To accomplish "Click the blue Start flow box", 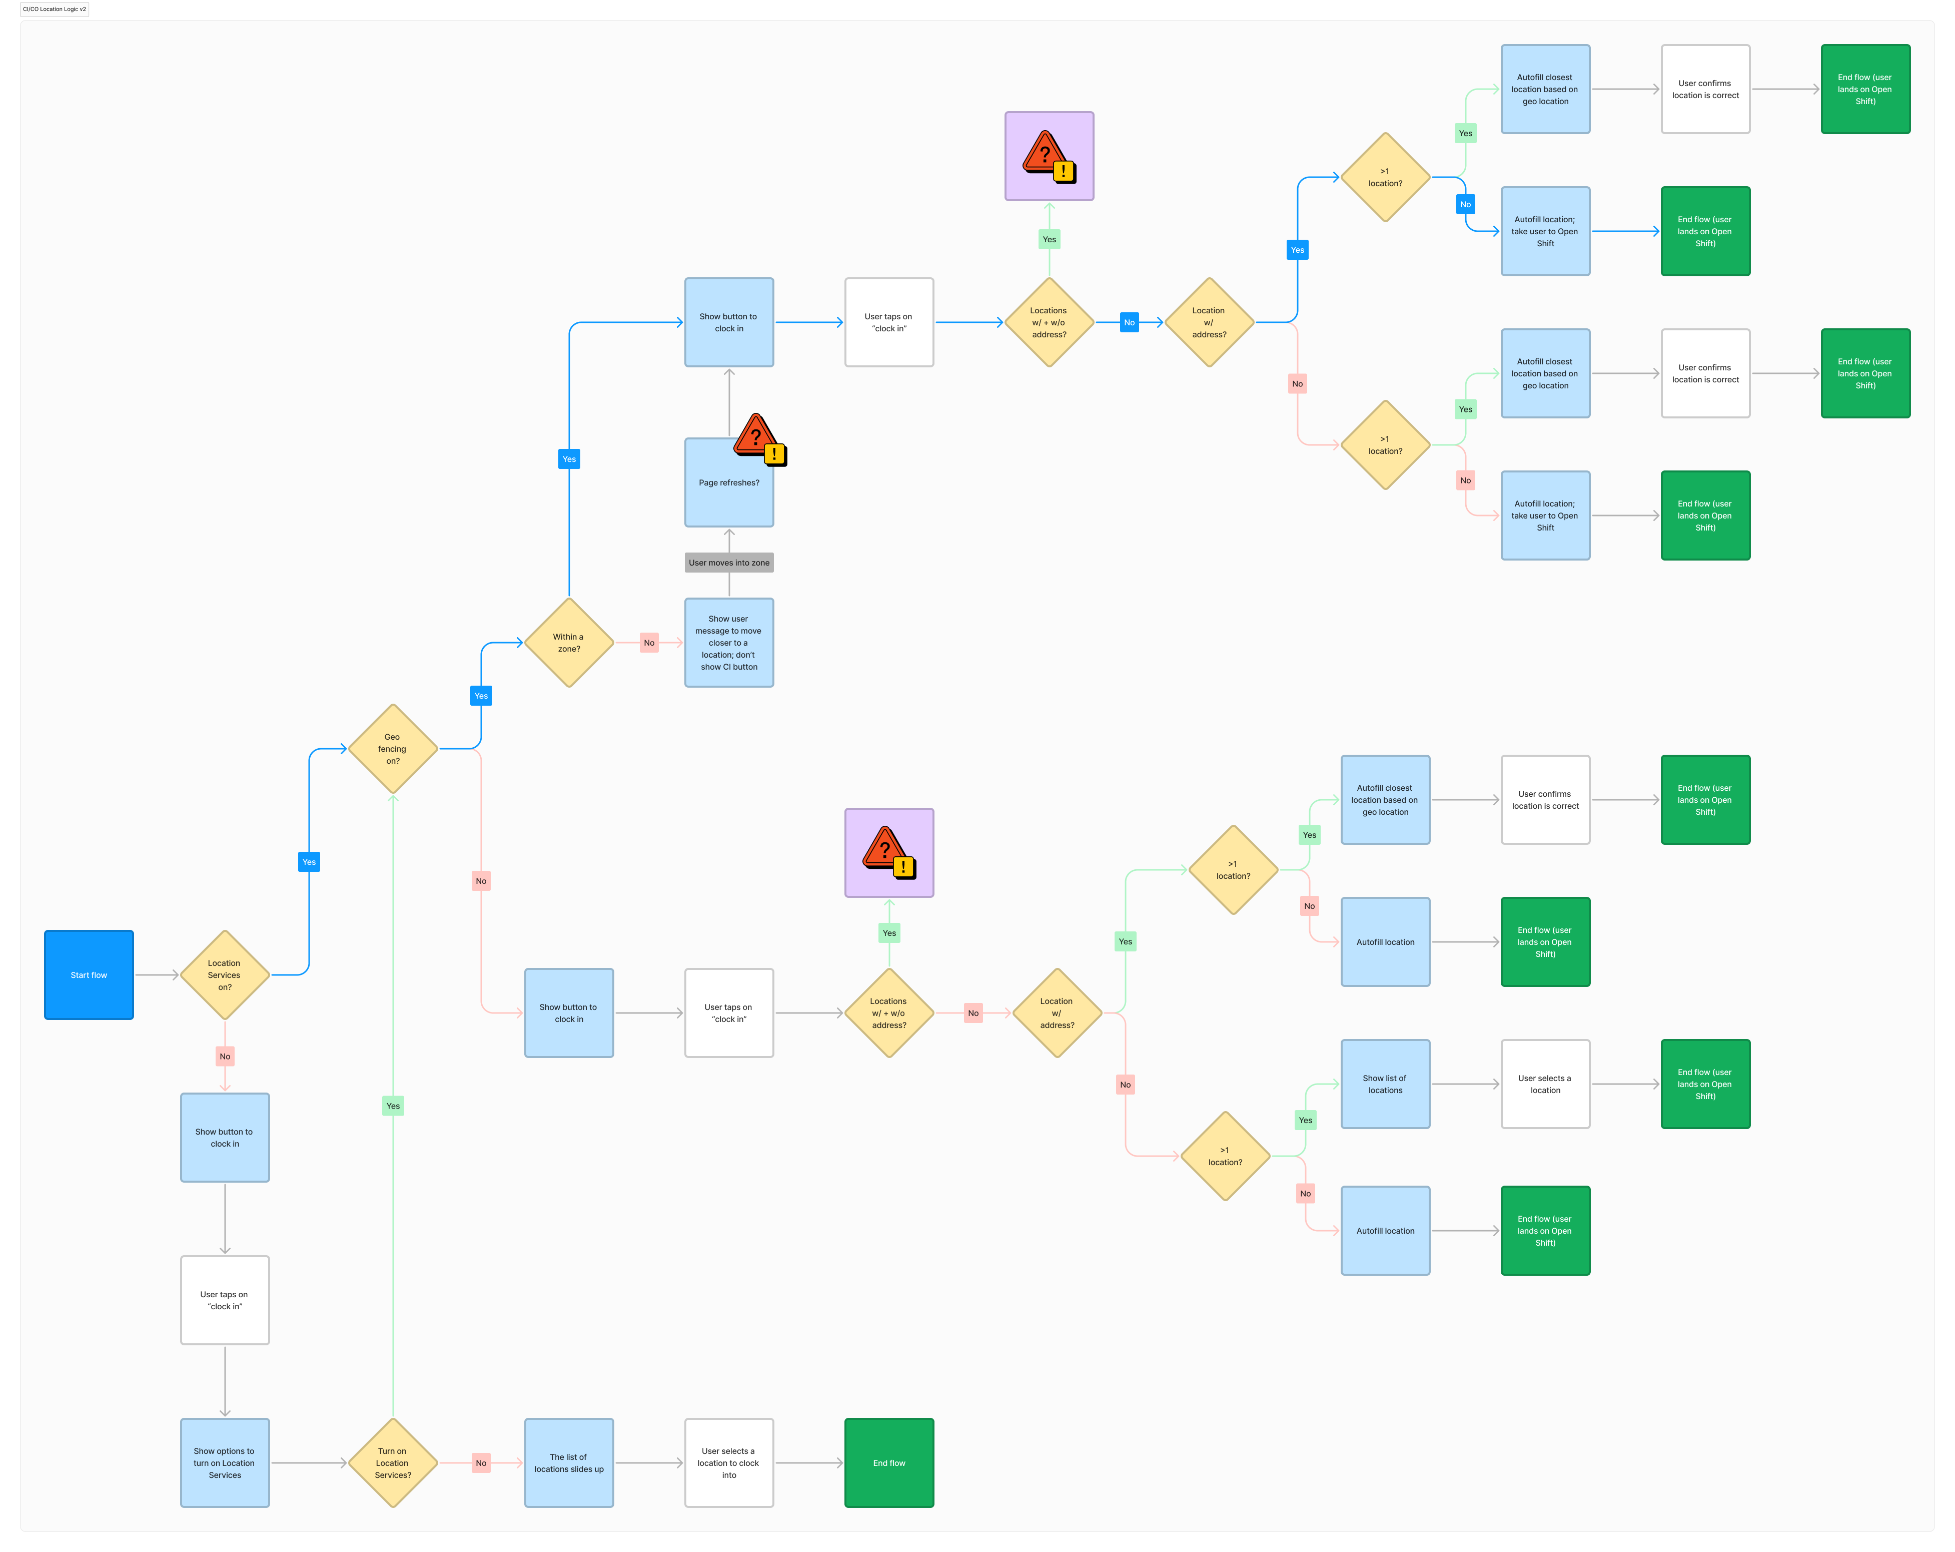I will pos(89,975).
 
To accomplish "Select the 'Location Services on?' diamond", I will pos(225,975).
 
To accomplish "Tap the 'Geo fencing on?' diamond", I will pos(393,749).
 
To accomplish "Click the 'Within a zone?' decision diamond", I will pos(569,643).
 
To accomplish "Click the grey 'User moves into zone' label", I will pos(729,563).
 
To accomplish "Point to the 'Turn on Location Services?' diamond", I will pos(393,1463).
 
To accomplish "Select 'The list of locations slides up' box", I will pos(569,1463).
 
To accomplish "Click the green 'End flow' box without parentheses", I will pos(888,1463).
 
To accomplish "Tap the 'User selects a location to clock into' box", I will pos(729,1463).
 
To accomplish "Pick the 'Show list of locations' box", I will pos(1386,1084).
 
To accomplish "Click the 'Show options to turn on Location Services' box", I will pos(225,1463).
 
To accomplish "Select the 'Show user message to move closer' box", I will pos(729,643).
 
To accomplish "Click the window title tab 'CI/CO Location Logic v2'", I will pos(55,9).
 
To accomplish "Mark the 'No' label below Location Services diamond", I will pos(225,1057).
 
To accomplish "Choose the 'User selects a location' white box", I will pos(1545,1084).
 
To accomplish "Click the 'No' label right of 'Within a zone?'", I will pos(649,643).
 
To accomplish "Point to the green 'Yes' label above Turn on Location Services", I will pos(393,1106).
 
